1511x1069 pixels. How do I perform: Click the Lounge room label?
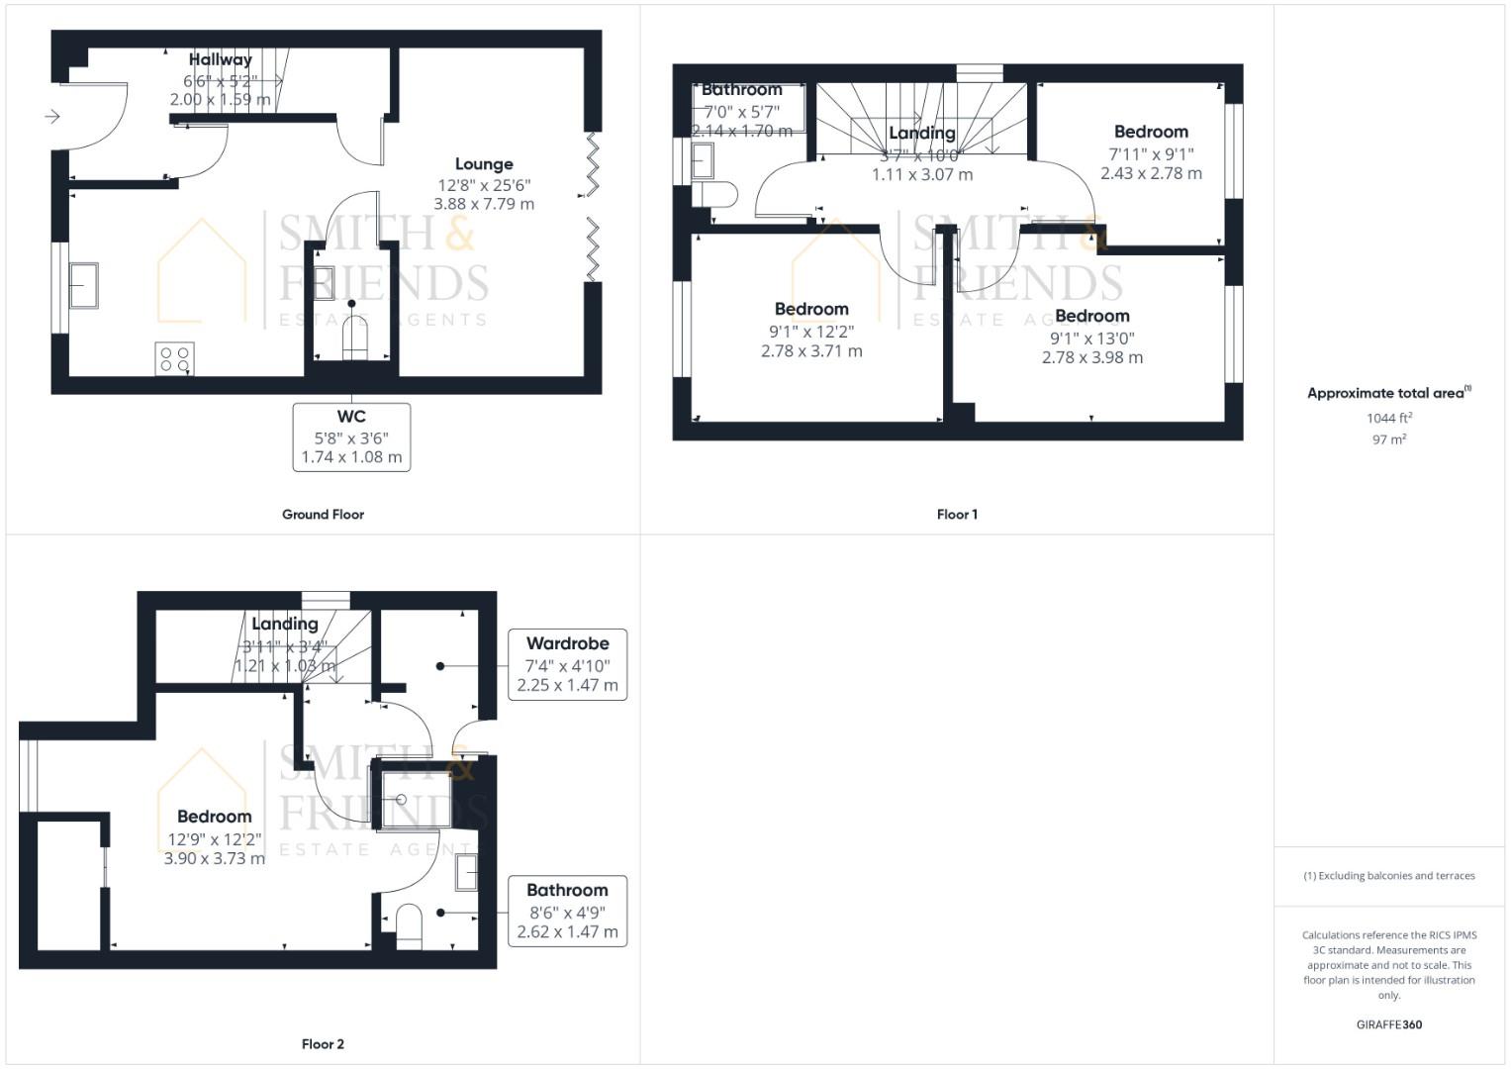[x=484, y=164]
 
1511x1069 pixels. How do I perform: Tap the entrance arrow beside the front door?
[x=52, y=117]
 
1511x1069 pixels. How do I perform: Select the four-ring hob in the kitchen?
[x=175, y=358]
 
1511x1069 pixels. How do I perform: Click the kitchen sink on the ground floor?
[x=83, y=285]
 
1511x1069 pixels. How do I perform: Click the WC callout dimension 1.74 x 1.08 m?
[x=351, y=457]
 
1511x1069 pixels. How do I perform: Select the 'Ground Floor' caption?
[x=323, y=515]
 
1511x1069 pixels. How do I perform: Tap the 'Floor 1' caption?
[x=957, y=515]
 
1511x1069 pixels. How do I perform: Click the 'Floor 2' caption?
[x=323, y=1044]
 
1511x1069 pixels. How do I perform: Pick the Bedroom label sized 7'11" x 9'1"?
[x=1151, y=132]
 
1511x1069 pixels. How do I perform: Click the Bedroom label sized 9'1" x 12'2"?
[x=811, y=309]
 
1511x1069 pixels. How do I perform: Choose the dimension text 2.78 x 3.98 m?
[x=1091, y=357]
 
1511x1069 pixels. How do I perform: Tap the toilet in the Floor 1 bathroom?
[x=716, y=194]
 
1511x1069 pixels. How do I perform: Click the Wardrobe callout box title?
[x=567, y=643]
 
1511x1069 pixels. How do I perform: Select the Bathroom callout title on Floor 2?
[x=567, y=890]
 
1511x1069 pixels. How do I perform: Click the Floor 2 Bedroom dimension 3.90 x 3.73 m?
[x=215, y=859]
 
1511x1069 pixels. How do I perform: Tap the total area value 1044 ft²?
[x=1389, y=418]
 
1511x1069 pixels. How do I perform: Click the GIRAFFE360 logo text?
[x=1388, y=1024]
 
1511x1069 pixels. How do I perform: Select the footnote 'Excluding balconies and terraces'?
[x=1389, y=876]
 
